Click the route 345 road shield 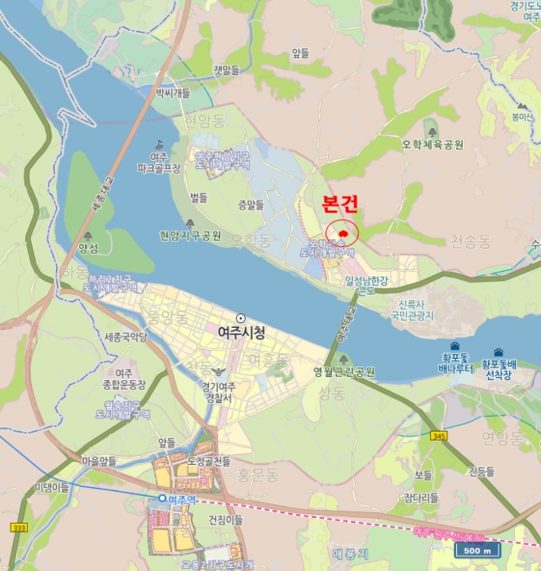[x=441, y=436]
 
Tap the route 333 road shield [x=17, y=529]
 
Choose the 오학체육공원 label [x=432, y=144]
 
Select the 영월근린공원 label [x=344, y=372]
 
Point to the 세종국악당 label [x=126, y=337]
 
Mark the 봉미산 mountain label [x=522, y=117]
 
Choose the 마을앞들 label [x=100, y=461]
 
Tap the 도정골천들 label [x=208, y=462]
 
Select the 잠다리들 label [x=421, y=497]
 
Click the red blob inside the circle [x=344, y=233]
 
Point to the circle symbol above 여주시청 [x=240, y=318]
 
